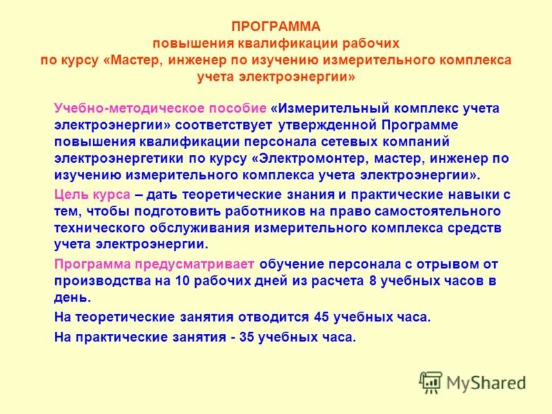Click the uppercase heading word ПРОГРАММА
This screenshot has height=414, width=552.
pyautogui.click(x=276, y=27)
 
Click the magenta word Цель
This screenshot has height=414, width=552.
pyautogui.click(x=72, y=194)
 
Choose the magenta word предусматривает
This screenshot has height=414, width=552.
pyautogui.click(x=199, y=264)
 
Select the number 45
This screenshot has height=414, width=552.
pyautogui.click(x=321, y=317)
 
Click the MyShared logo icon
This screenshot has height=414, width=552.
pyautogui.click(x=431, y=382)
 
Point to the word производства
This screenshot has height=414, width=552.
pyautogui.click(x=101, y=280)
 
